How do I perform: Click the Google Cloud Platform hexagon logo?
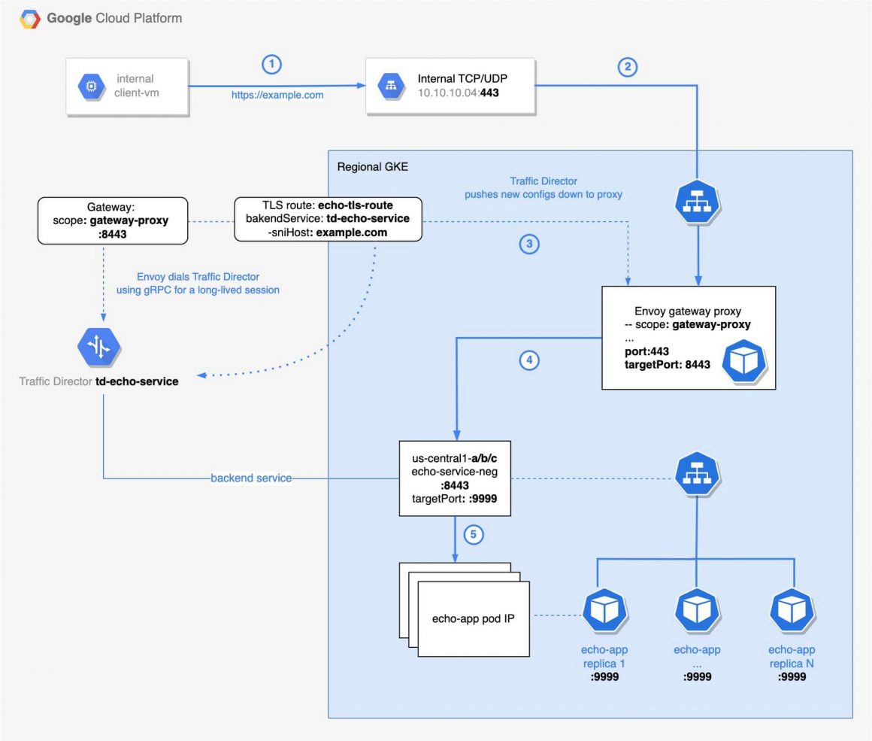pyautogui.click(x=29, y=19)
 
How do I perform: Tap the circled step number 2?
pyautogui.click(x=627, y=67)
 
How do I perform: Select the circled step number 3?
pyautogui.click(x=531, y=244)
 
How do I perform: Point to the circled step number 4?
pyautogui.click(x=530, y=361)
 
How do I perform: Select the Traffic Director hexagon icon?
pyautogui.click(x=99, y=348)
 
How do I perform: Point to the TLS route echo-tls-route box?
pyautogui.click(x=328, y=219)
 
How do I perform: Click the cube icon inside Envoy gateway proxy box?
pyautogui.click(x=743, y=363)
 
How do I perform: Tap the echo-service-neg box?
pyautogui.click(x=455, y=478)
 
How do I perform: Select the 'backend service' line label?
pyautogui.click(x=251, y=478)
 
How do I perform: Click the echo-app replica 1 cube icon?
pyautogui.click(x=605, y=611)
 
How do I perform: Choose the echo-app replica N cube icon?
pyautogui.click(x=791, y=611)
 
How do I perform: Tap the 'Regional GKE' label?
pyautogui.click(x=372, y=166)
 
